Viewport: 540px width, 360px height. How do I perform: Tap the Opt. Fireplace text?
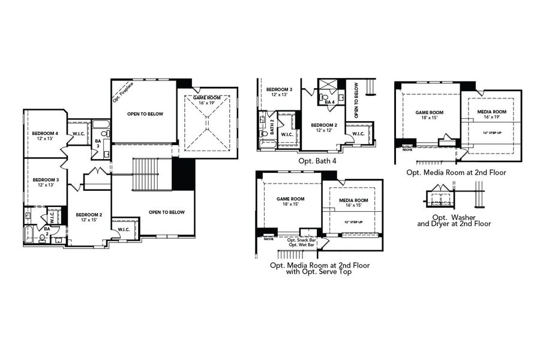124,91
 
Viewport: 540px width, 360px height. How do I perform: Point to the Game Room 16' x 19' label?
207,100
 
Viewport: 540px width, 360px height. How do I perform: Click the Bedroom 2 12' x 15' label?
88,217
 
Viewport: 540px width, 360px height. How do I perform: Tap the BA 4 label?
329,102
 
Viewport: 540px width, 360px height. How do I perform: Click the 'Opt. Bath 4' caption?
317,161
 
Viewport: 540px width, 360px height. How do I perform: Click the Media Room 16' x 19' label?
491,115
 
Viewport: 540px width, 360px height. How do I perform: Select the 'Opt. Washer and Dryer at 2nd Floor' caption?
457,220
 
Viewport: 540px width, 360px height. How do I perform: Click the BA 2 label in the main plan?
47,230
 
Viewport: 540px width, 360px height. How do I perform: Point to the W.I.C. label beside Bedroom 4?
79,133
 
